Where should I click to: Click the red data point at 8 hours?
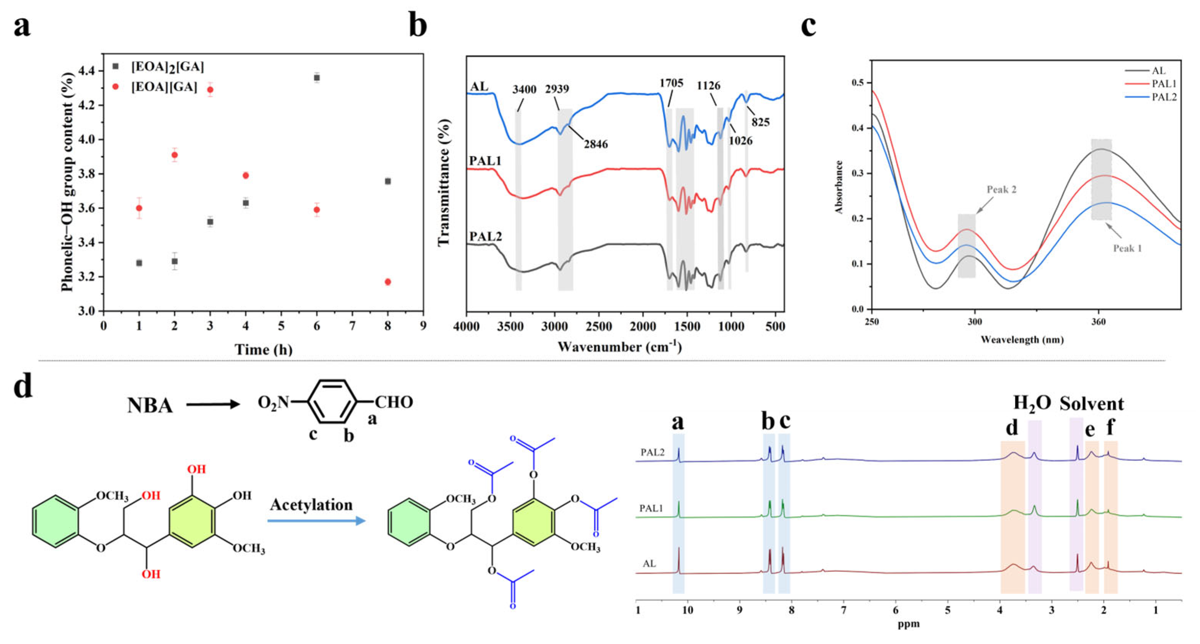388,282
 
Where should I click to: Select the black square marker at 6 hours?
317,78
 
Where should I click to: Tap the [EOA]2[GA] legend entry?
167,67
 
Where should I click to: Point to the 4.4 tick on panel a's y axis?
86,71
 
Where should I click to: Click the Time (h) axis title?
263,349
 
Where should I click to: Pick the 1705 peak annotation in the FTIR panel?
671,83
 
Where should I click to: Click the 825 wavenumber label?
760,122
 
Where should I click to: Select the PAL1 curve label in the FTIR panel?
485,161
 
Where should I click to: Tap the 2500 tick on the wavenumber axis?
598,327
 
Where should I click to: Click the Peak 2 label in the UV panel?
1001,190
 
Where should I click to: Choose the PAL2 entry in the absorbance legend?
1164,97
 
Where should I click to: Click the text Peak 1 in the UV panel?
1127,248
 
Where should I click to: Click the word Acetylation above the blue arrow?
311,505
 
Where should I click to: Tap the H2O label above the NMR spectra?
1032,403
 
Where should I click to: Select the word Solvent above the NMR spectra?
1091,404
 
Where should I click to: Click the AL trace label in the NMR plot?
649,564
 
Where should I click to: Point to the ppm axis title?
909,624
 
